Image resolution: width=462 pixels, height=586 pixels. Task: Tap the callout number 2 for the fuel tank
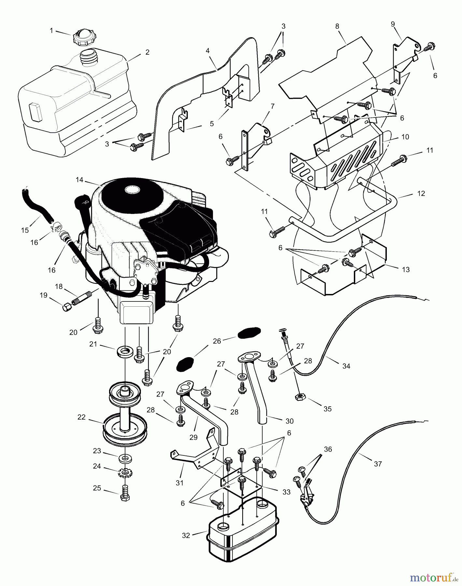147,52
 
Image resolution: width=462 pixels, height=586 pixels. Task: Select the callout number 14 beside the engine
79,180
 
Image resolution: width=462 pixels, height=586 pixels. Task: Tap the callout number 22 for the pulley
82,417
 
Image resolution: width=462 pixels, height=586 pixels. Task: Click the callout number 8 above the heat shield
337,26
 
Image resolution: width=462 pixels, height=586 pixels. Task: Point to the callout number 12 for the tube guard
421,193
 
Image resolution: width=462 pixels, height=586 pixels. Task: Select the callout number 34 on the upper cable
346,366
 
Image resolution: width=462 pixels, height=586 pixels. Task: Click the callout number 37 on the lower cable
378,464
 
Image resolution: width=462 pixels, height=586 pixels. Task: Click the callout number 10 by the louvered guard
405,137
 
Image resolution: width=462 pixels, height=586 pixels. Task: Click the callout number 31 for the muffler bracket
179,483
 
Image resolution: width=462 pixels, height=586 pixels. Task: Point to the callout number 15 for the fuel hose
25,230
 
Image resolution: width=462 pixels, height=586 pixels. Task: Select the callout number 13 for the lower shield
406,270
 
